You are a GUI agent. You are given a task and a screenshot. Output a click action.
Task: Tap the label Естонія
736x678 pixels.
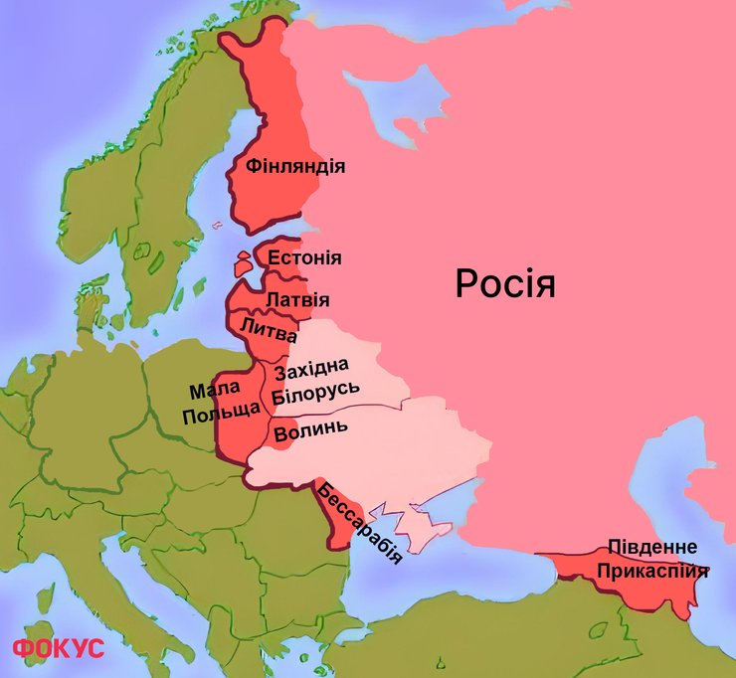pyautogui.click(x=304, y=258)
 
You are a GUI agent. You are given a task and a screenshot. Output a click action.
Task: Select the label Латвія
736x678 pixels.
pyautogui.click(x=297, y=299)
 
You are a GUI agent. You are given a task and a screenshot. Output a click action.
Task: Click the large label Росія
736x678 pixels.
pyautogui.click(x=504, y=284)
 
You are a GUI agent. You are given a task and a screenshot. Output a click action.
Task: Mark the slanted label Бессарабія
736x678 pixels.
pyautogui.click(x=359, y=523)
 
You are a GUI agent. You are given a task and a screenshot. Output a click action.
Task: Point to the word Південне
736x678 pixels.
pyautogui.click(x=653, y=548)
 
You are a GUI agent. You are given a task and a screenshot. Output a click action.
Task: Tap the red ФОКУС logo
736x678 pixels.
pyautogui.click(x=58, y=648)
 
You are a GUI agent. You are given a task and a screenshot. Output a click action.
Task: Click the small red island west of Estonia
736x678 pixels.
pyautogui.click(x=243, y=264)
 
